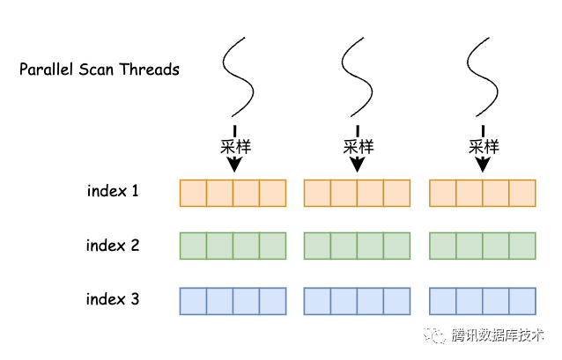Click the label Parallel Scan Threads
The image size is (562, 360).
(100, 70)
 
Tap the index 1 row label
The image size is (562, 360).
(113, 190)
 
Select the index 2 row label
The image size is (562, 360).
(113, 246)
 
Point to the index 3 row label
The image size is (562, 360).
(113, 299)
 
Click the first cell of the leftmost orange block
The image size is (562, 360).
(193, 193)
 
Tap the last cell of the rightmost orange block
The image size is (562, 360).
(522, 193)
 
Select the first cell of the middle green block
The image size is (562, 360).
(317, 246)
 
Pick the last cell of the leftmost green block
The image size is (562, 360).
(273, 246)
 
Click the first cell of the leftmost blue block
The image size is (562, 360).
(193, 301)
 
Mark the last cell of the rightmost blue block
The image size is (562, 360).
(522, 301)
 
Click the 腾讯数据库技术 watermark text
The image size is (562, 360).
(498, 335)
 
